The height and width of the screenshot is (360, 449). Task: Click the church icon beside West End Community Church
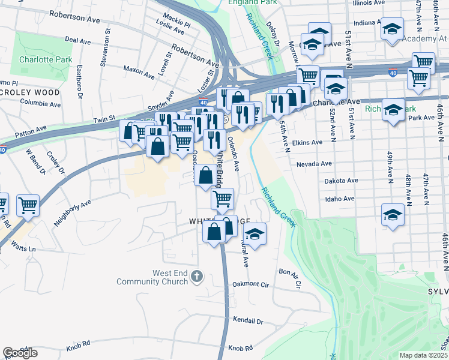[x=198, y=277]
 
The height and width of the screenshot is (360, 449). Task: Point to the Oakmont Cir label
[x=249, y=284]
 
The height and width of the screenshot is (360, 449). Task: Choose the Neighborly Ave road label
[x=72, y=212]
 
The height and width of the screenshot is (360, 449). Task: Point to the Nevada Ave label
[x=314, y=163]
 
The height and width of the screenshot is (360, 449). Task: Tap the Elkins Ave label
[x=307, y=143]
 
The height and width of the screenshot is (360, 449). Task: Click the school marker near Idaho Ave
[x=393, y=214]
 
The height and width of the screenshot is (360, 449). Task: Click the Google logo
[x=20, y=353]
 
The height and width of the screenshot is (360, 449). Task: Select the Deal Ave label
[x=77, y=40]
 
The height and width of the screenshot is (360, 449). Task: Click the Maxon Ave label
[x=139, y=72]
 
